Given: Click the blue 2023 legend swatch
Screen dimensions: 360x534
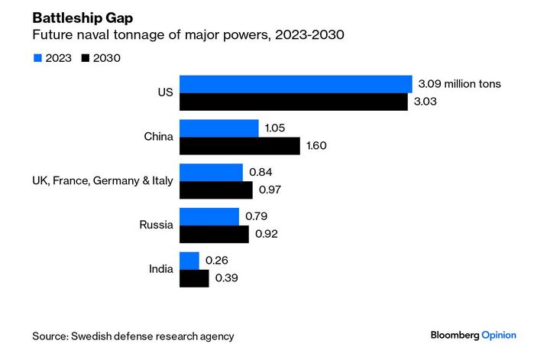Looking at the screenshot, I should coord(37,57).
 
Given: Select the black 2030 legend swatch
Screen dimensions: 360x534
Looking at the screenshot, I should coord(84,57).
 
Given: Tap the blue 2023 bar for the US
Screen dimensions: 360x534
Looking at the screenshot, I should coord(295,84).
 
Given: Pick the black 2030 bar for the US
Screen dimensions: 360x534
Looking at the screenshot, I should coord(293,102).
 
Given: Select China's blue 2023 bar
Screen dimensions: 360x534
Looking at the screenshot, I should coord(218,128).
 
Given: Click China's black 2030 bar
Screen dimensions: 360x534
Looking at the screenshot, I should coord(239,146).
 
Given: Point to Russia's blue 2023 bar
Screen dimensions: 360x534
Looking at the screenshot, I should coord(209,217).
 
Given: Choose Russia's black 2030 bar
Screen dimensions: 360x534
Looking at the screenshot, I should coord(213,234).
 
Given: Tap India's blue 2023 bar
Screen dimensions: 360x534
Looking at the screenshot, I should coord(189,261).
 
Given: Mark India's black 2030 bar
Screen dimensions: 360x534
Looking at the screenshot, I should coord(193,278).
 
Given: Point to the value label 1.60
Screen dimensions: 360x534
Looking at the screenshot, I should coord(316,146).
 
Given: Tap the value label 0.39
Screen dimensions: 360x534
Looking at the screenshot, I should coord(227,278).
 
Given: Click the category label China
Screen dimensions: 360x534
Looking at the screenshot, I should coord(158,138).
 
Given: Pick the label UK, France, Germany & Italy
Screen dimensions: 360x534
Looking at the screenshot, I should coord(102,181).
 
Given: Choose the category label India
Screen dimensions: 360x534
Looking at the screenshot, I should coord(160,269).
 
